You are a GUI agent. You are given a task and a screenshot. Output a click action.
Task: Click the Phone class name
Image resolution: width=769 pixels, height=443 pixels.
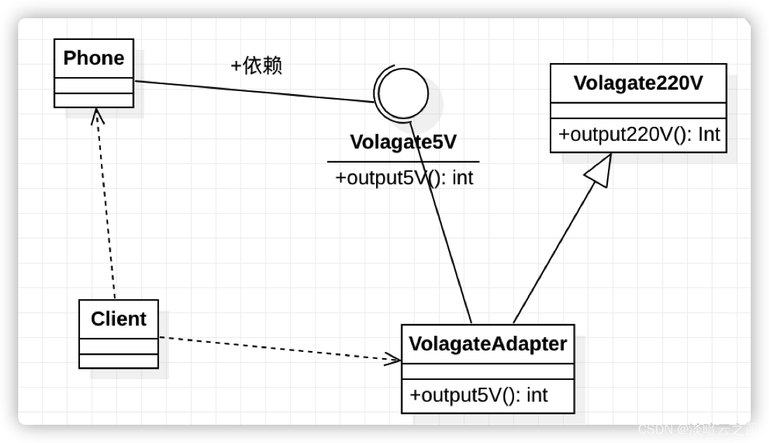[94, 58]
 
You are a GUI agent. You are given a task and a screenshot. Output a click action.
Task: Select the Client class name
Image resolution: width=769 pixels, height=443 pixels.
[118, 319]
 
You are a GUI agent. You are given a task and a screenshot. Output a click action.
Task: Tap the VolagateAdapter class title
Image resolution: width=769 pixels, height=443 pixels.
[487, 344]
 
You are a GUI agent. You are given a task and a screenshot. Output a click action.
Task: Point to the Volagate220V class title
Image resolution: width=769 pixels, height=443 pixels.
[638, 83]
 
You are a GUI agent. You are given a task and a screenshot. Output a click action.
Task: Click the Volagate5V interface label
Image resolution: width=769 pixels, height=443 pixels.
[403, 142]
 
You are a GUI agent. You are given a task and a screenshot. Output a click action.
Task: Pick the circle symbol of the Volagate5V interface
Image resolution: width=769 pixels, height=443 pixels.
[401, 93]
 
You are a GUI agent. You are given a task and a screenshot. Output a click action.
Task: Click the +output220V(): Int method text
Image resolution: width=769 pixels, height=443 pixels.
[638, 135]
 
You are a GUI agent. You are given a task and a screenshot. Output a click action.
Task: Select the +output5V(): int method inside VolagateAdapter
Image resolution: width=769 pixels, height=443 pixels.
[478, 395]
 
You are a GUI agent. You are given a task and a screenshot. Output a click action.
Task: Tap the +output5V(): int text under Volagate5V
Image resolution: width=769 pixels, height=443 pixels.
[404, 178]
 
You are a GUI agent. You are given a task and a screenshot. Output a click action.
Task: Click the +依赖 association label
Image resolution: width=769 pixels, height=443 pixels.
[256, 67]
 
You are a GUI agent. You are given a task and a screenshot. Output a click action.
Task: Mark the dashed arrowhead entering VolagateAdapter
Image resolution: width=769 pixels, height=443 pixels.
[392, 359]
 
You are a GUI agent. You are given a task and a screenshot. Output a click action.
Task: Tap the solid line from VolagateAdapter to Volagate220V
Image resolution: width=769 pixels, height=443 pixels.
[553, 252]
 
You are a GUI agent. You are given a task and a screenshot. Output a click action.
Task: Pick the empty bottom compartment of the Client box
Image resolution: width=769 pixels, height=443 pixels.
[118, 361]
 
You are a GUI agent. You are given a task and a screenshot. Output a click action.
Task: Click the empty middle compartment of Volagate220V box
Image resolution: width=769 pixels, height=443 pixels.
[638, 111]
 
